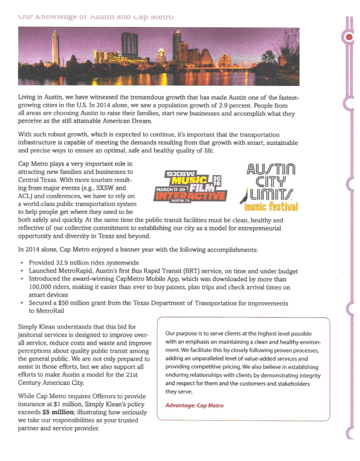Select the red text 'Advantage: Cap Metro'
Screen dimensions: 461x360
[x=194, y=405]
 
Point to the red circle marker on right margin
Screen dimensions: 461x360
[x=349, y=38]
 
